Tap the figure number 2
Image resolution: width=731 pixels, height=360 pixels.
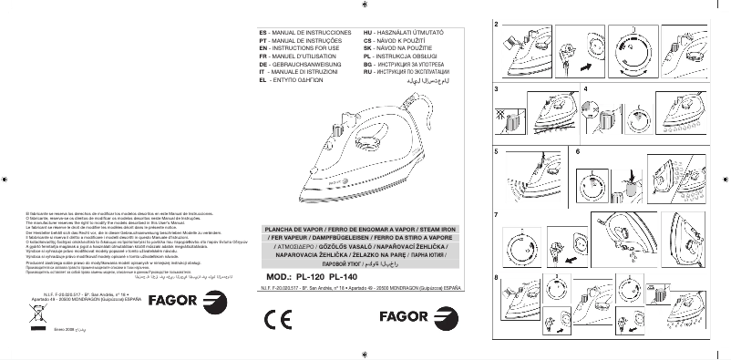point(496,23)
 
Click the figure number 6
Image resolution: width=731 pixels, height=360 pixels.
point(577,150)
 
